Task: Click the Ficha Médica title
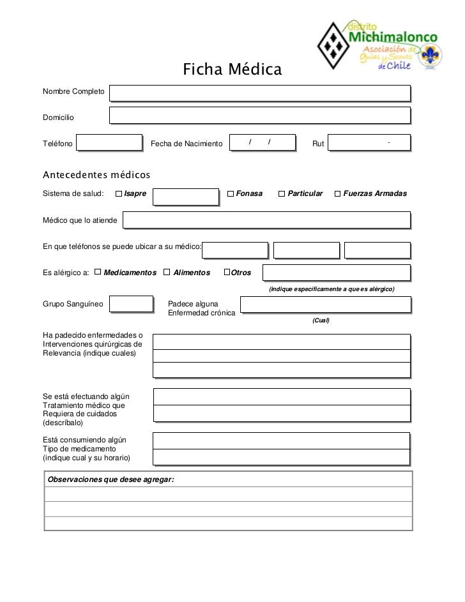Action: (x=232, y=69)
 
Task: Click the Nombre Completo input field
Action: (x=259, y=93)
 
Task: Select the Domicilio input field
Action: (x=259, y=115)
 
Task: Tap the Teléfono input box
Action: (x=109, y=143)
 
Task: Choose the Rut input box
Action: (x=369, y=143)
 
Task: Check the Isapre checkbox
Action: (x=119, y=193)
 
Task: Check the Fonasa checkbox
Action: (x=231, y=193)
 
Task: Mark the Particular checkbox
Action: (x=282, y=193)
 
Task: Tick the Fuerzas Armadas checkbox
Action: (x=337, y=193)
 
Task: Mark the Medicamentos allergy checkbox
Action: (x=97, y=273)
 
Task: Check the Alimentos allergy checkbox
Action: (x=167, y=273)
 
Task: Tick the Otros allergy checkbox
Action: (x=227, y=273)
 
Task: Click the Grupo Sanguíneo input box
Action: (x=131, y=305)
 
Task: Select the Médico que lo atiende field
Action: (x=266, y=220)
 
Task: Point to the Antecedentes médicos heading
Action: (x=96, y=174)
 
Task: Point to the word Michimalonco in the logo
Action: (x=392, y=39)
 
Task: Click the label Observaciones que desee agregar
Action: (x=111, y=479)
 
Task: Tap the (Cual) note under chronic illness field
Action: (x=321, y=320)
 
